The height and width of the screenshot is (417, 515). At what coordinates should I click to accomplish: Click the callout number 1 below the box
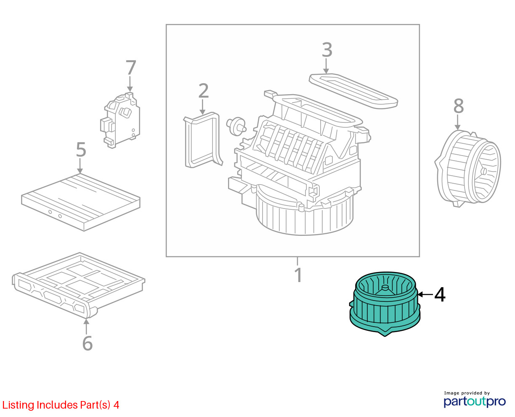pos(298,274)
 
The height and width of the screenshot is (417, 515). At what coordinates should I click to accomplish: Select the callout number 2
pos(203,91)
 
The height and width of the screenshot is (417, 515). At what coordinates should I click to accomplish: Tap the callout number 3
pos(327,50)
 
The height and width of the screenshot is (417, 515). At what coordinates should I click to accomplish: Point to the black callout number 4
pos(440,295)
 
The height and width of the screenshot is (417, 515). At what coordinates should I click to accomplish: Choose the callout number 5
pos(81,150)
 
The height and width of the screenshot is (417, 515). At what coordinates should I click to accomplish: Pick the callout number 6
pos(88,343)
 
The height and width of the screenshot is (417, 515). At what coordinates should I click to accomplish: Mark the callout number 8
pos(459,106)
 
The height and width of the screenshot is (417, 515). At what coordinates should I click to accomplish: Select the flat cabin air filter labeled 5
pos(80,203)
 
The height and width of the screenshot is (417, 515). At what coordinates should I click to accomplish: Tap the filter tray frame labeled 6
pos(79,285)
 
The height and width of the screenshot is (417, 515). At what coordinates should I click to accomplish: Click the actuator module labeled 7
pos(120,120)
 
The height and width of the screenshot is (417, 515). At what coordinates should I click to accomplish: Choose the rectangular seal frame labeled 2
pos(203,140)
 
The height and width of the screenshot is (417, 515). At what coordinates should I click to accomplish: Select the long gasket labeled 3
pos(353,91)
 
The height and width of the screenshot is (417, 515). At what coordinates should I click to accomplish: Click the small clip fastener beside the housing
pos(236,127)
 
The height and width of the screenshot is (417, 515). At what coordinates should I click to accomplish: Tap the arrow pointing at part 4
pos(425,295)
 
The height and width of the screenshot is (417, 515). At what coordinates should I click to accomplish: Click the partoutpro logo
pos(474,401)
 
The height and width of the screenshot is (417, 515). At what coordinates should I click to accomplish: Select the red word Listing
pos(19,405)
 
